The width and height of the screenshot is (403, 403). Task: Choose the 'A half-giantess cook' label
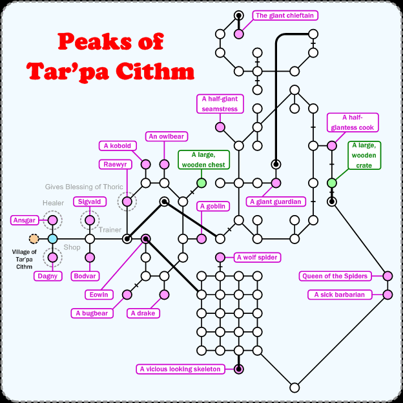[353, 123]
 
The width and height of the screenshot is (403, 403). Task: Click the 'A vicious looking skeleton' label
[181, 369]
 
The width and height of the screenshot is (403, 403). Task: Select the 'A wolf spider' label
[257, 257]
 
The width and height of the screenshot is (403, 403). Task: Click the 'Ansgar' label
[24, 220]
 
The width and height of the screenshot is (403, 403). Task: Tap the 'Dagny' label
[46, 276]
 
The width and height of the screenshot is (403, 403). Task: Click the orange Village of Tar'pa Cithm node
[34, 239]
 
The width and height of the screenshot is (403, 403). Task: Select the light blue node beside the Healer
[53, 239]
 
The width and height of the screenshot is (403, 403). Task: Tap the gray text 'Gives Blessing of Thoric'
[84, 187]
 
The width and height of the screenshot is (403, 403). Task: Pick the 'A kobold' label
[116, 146]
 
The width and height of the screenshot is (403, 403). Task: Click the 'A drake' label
[143, 313]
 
